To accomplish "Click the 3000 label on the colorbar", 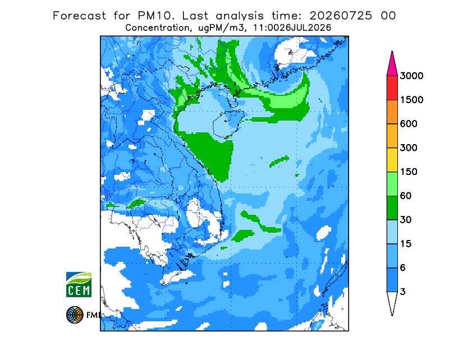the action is [411, 76].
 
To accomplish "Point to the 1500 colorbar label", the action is [411, 100].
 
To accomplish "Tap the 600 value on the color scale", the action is [409, 124].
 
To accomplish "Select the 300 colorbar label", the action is [409, 148].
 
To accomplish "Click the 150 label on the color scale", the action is [409, 172].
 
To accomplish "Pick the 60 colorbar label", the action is [406, 196].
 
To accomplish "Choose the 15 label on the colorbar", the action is [406, 244].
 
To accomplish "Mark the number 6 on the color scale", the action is [403, 268].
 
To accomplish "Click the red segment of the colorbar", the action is [392, 88].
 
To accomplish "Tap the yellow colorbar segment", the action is [392, 160].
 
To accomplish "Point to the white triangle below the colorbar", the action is [392, 302].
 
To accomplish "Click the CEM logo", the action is [79, 284].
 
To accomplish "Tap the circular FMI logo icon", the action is [75, 315].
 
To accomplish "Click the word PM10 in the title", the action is [156, 16].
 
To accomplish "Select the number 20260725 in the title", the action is [341, 16].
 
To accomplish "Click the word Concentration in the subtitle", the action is [157, 28].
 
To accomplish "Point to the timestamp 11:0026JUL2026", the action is [292, 28].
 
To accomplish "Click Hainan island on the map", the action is [228, 124].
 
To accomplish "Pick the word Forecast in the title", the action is [79, 16].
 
